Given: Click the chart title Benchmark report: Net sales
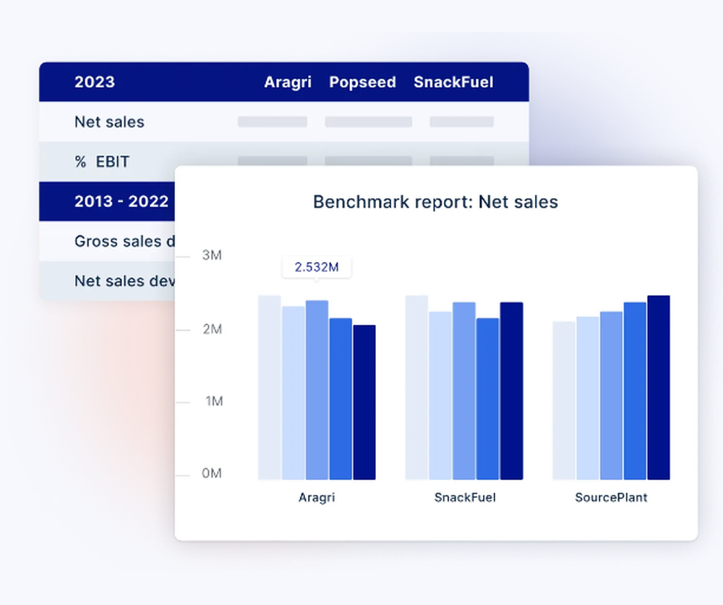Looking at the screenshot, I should point(435,202).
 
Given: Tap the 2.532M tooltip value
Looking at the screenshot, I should point(317,267).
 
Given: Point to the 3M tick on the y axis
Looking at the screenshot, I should point(211,256).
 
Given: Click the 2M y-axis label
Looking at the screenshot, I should point(211,329).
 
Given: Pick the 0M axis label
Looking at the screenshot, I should point(211,474).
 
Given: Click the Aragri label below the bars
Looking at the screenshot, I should point(317,498).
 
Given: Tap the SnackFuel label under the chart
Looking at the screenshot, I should point(465,498).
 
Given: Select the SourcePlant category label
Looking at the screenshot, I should point(611,498).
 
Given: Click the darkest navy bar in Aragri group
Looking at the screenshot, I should point(364,402).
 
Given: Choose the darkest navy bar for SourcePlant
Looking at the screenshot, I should point(659,387).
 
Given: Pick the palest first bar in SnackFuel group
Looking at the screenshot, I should point(416,387).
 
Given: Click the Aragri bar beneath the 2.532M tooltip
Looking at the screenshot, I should point(317,390).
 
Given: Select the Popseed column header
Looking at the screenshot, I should point(362,82).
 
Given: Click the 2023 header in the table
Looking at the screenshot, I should point(94,82).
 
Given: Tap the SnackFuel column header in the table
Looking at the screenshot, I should point(453,82).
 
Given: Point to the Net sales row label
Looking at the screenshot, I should point(109,122).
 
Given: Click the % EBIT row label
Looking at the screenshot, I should point(102,162).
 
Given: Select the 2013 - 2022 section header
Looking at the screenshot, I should point(121,202).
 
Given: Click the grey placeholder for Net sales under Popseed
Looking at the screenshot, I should point(368,122).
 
